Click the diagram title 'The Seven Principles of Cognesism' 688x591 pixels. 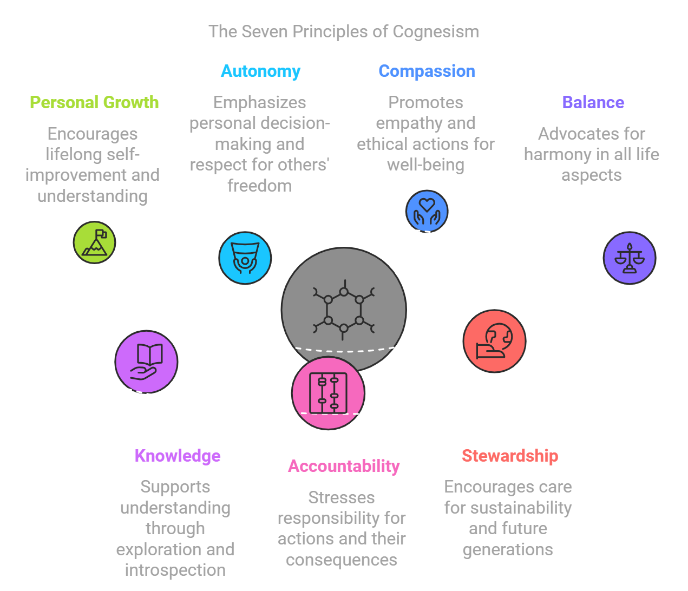344,31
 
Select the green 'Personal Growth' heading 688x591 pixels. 94,102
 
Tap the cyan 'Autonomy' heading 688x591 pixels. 260,71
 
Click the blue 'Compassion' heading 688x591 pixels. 427,71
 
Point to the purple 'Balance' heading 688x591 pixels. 593,102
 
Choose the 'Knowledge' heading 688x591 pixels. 178,456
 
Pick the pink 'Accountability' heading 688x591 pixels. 344,466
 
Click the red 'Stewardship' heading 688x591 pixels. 510,456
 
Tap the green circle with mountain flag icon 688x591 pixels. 95,242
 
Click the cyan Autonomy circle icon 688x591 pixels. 245,258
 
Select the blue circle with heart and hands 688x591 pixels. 427,211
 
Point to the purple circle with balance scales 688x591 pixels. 629,258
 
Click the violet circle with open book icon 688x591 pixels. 146,362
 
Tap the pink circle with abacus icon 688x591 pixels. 328,393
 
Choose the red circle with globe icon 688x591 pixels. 494,341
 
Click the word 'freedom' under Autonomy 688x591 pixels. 259,186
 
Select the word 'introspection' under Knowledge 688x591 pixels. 175,570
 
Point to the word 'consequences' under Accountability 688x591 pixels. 342,560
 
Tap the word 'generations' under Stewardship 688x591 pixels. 508,549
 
